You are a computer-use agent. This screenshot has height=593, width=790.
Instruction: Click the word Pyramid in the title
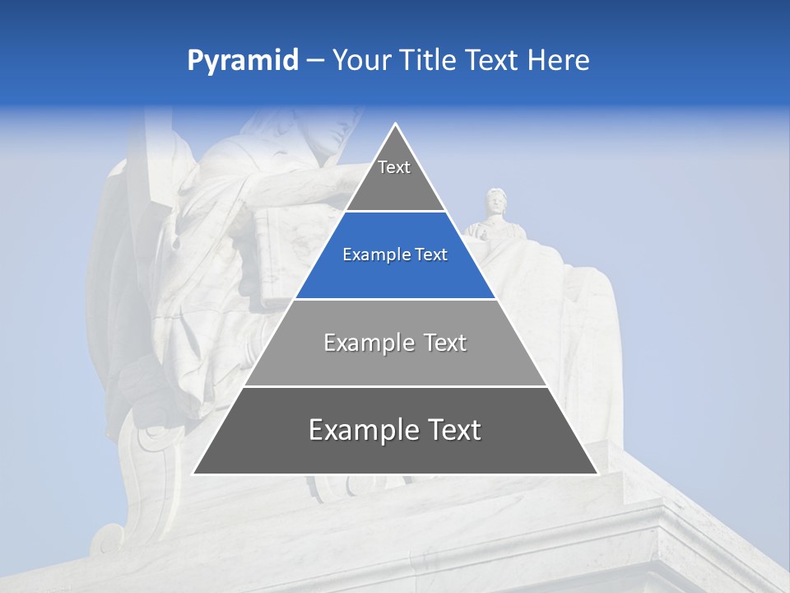242,61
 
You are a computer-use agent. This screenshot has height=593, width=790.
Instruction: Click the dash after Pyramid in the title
314,61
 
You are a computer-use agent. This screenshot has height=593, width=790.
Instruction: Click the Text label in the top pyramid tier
394,167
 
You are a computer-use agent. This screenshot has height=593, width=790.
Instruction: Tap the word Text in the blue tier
431,255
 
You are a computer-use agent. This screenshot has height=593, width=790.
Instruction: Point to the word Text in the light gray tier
445,343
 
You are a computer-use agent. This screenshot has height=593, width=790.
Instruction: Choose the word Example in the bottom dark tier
363,430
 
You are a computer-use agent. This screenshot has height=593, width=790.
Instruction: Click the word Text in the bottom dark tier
453,430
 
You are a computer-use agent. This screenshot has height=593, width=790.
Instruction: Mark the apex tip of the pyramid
395,124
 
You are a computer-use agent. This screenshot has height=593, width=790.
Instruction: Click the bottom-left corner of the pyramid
193,474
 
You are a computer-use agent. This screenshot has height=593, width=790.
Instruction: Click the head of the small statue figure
495,201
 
